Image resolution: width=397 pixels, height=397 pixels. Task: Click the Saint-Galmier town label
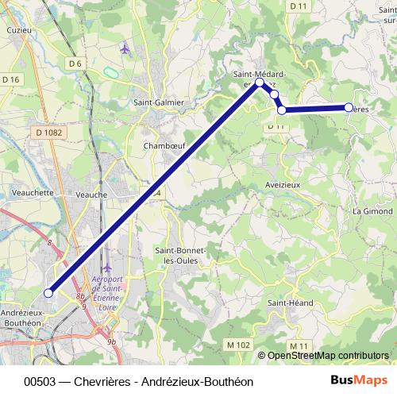pyautogui.click(x=159, y=102)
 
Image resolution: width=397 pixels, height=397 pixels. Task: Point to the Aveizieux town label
pyautogui.click(x=281, y=183)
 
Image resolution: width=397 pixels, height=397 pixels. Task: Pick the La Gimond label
pyautogui.click(x=372, y=211)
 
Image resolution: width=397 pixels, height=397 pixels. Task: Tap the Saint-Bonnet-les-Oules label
pyautogui.click(x=179, y=256)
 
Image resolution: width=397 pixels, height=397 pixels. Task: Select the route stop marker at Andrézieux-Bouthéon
pyautogui.click(x=48, y=293)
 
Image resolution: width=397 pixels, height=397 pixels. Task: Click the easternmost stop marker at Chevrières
pyautogui.click(x=349, y=107)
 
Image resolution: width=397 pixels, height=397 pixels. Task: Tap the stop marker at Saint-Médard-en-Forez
pyautogui.click(x=259, y=82)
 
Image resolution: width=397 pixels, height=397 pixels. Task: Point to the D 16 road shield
pyautogui.click(x=11, y=79)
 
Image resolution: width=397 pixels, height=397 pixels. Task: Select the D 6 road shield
pyautogui.click(x=75, y=63)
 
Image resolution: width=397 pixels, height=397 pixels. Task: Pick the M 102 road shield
pyautogui.click(x=237, y=345)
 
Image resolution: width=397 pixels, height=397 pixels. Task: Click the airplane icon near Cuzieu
pyautogui.click(x=125, y=49)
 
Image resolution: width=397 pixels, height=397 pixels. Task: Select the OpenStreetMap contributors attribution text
pyautogui.click(x=327, y=356)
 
